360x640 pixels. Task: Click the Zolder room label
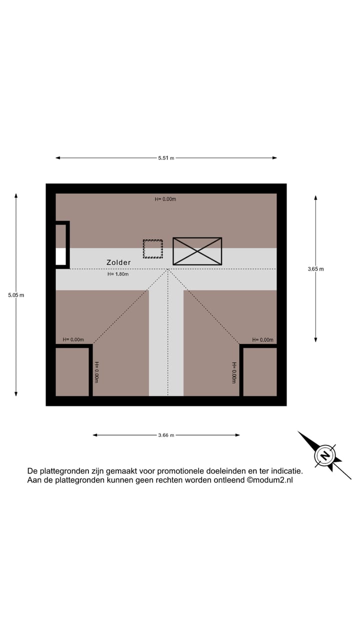tap(118, 262)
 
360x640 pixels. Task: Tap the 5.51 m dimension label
tap(166, 158)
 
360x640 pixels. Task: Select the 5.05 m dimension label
tap(16, 295)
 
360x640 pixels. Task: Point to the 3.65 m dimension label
tap(315, 269)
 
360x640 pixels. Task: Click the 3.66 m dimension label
tap(166, 435)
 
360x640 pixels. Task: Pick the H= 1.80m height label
tap(118, 274)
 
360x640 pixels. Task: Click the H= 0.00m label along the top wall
tap(165, 199)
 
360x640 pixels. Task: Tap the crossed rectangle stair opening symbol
tap(197, 251)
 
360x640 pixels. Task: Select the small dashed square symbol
tap(153, 249)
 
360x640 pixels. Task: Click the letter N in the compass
tap(324, 455)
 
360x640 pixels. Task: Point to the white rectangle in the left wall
tap(60, 256)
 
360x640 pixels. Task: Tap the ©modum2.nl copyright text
tap(270, 480)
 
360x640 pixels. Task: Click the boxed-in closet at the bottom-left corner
tap(72, 371)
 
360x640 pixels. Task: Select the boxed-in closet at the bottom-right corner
tap(260, 371)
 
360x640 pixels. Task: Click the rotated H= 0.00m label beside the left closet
tap(97, 372)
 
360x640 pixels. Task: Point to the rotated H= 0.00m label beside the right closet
tap(234, 373)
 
